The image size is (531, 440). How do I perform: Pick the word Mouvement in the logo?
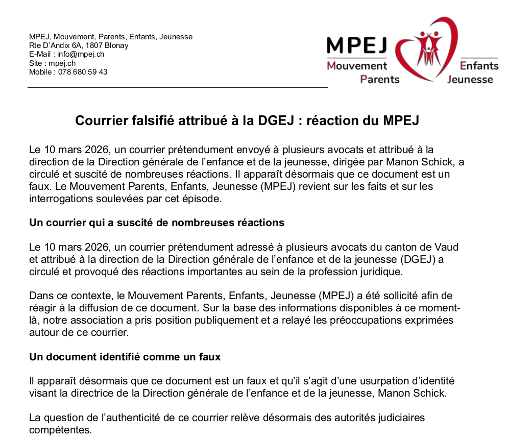[x=357, y=66]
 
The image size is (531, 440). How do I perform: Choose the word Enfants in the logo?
[x=479, y=66]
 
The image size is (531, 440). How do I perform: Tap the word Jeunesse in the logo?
[x=470, y=80]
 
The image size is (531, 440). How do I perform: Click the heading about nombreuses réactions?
[x=157, y=223]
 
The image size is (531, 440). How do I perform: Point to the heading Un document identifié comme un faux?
[x=125, y=357]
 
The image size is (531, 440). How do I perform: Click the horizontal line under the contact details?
[x=177, y=88]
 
